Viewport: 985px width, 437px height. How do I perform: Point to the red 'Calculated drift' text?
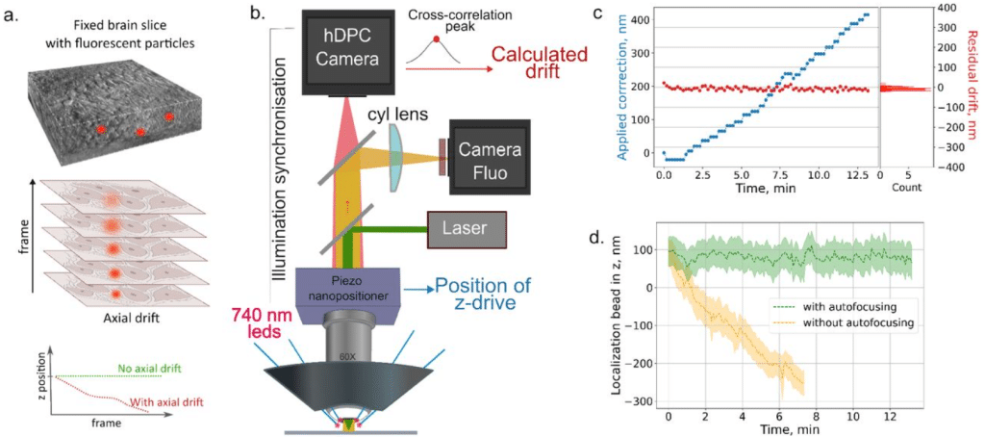(541, 63)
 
